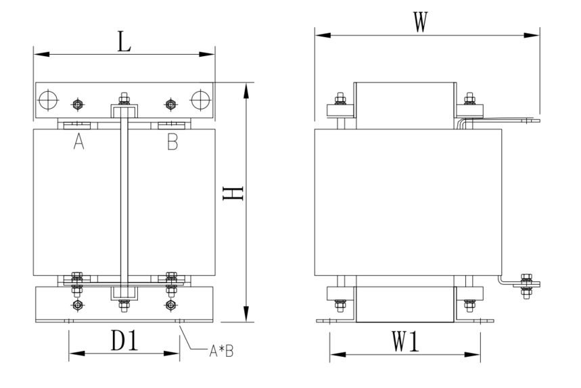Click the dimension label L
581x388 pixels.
click(124, 41)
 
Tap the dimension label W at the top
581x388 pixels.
click(421, 22)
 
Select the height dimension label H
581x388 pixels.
click(233, 193)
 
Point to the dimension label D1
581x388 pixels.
click(125, 340)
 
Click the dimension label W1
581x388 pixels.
click(405, 341)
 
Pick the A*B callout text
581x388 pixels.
click(221, 351)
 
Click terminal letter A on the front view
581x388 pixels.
click(78, 141)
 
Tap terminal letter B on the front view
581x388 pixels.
click(172, 141)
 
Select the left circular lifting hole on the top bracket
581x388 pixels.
click(49, 100)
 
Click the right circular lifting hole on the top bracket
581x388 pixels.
click(201, 100)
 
